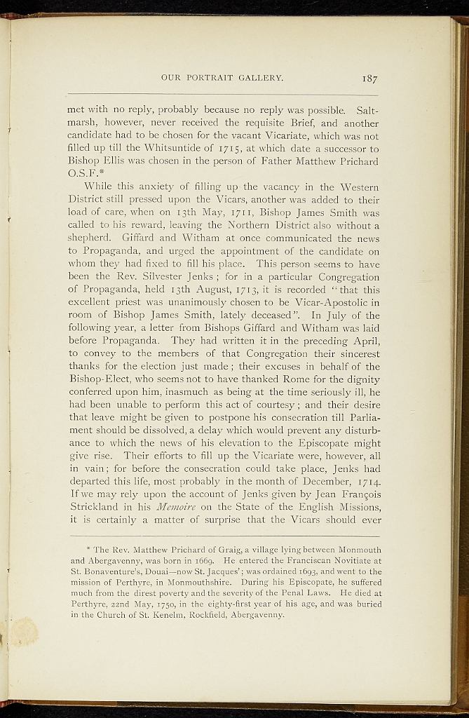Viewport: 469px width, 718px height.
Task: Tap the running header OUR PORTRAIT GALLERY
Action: tap(222, 78)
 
